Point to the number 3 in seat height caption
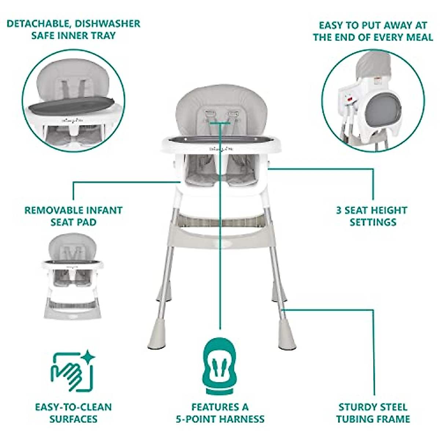click(x=339, y=210)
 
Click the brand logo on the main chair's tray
click(x=219, y=149)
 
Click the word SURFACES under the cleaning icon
click(x=73, y=419)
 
